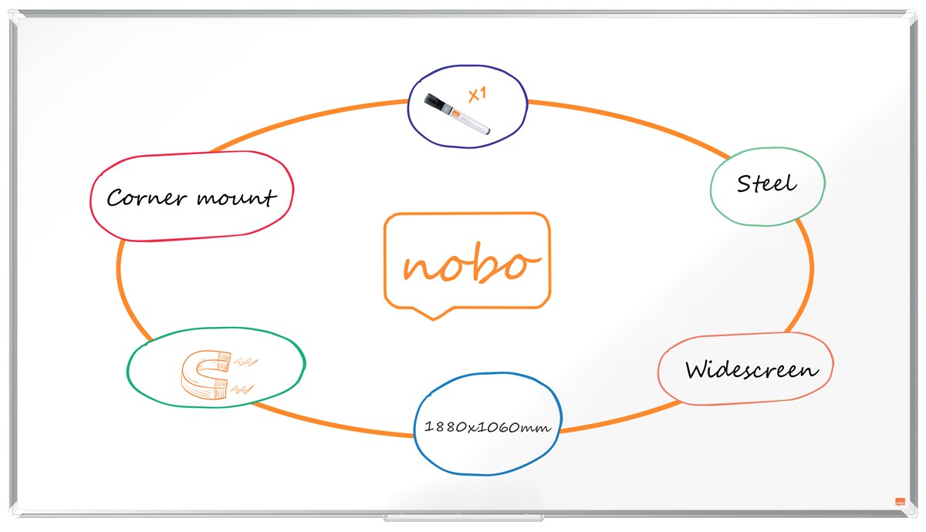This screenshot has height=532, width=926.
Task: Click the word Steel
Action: tap(766, 184)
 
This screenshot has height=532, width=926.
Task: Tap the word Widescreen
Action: tap(752, 369)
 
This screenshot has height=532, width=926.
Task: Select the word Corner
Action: tap(146, 198)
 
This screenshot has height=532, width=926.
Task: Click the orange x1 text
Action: tap(478, 95)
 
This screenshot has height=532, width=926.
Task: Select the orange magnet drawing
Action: tap(206, 375)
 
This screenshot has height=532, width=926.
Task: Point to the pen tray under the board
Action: tap(463, 517)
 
